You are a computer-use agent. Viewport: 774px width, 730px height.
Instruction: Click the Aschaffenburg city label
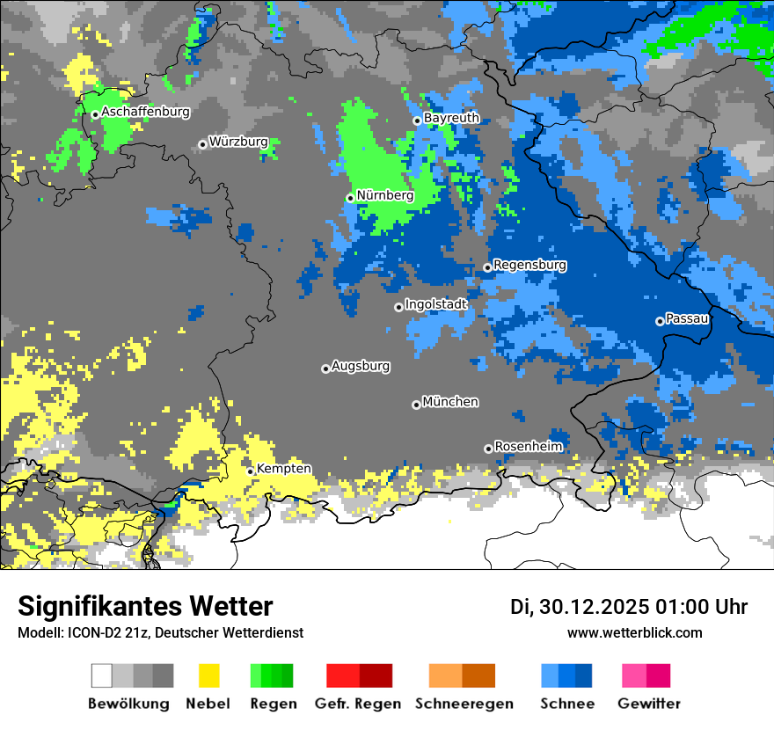[145, 112]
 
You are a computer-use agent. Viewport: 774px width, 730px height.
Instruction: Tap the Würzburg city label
[238, 142]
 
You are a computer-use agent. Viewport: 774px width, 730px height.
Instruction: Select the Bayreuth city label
[451, 118]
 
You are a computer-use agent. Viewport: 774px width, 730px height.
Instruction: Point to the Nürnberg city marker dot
[350, 198]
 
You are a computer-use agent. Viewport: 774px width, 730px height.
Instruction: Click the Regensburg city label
[529, 265]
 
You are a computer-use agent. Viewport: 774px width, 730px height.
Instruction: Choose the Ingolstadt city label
[435, 304]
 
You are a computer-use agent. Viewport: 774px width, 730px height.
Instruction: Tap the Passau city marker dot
[660, 321]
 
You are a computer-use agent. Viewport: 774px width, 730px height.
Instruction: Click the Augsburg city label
[361, 366]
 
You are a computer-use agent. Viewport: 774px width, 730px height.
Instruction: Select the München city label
[450, 402]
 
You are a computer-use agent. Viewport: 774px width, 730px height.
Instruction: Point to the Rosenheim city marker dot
[488, 449]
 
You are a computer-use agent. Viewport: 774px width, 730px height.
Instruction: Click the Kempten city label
[283, 469]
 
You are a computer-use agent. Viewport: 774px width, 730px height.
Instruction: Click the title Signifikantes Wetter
[145, 606]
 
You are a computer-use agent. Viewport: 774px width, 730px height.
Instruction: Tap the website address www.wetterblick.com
[634, 632]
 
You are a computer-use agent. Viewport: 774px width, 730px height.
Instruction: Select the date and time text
[628, 607]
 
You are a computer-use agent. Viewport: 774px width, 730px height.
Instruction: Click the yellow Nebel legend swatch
[208, 675]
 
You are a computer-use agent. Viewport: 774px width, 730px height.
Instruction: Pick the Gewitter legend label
[648, 704]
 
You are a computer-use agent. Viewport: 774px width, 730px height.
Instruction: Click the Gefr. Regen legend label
[357, 704]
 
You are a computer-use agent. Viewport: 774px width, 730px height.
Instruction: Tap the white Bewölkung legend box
[102, 675]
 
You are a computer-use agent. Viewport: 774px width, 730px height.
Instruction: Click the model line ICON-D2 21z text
[160, 632]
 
